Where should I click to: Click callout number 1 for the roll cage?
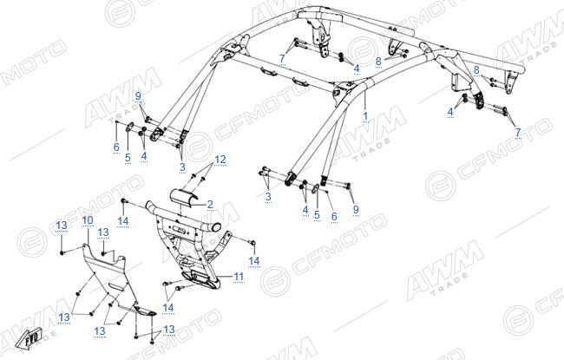[x=365, y=116]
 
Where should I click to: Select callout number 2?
[x=210, y=204]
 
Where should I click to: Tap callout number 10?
[x=88, y=220]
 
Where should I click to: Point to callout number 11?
[x=239, y=277]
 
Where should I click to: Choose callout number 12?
[x=220, y=160]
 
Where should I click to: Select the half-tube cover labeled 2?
[x=183, y=199]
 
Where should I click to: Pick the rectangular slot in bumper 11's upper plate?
[x=177, y=228]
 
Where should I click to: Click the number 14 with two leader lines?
[x=168, y=307]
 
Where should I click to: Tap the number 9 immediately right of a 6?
[x=356, y=209]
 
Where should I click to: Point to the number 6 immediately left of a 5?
[x=116, y=147]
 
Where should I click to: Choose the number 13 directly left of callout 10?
[x=62, y=226]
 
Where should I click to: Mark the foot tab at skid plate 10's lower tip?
[x=145, y=310]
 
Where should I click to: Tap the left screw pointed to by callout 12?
[x=193, y=175]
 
